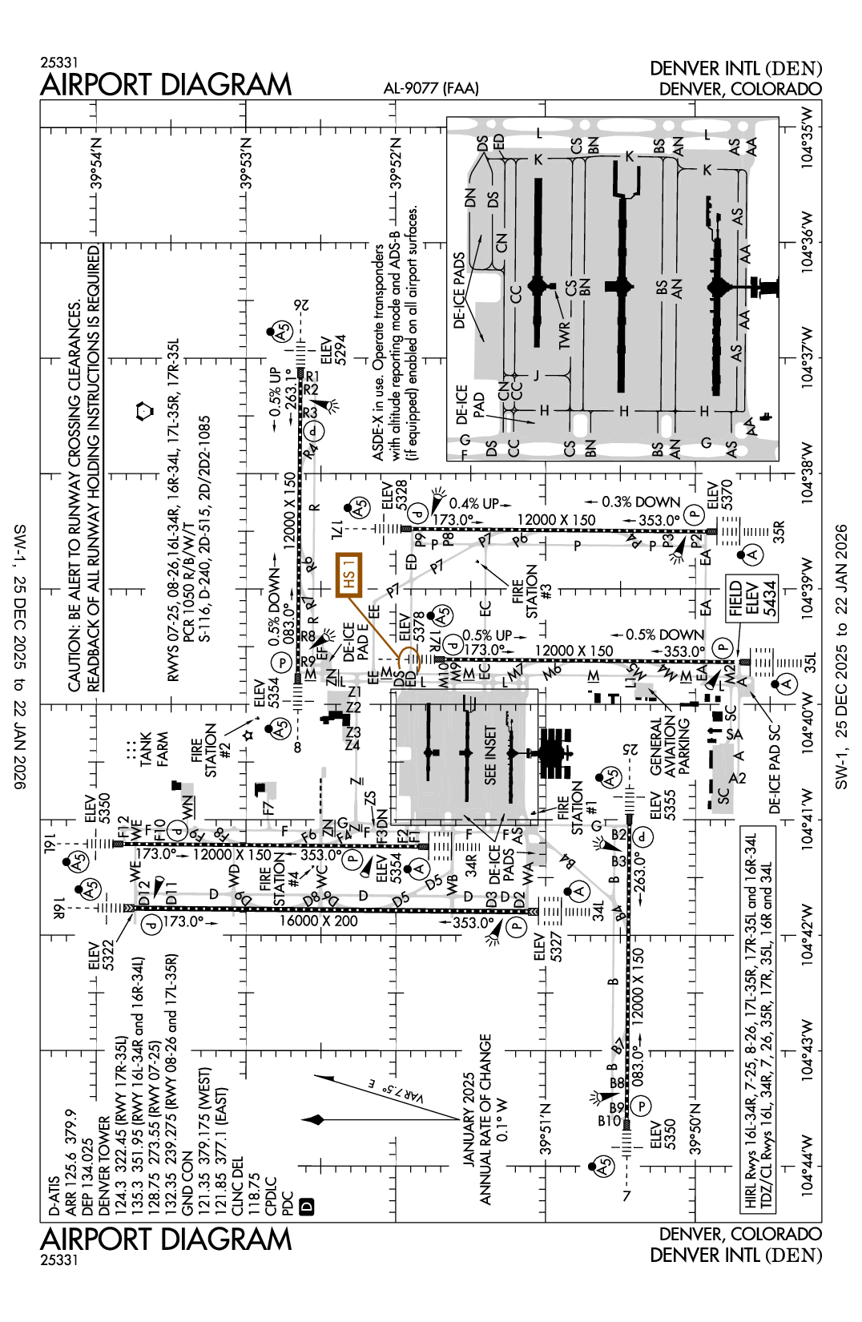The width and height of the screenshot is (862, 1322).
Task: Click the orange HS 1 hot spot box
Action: pos(348,574)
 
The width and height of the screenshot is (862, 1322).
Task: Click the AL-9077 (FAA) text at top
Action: pos(431,88)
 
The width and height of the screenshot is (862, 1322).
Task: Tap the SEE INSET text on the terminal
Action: pos(490,755)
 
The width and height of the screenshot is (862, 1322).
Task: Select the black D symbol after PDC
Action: pos(306,1207)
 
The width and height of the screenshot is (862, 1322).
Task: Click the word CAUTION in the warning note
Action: pos(75,658)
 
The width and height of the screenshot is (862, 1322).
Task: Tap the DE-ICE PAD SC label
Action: pos(774,770)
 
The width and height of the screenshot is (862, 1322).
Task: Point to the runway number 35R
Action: pos(778,531)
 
